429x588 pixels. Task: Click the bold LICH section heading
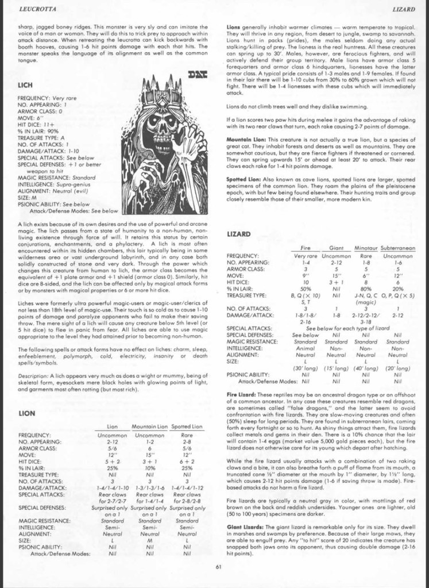tap(25, 86)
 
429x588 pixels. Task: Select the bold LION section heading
tap(26, 413)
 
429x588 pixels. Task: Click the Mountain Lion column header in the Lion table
tap(149, 426)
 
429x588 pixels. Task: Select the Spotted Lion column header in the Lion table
tap(187, 426)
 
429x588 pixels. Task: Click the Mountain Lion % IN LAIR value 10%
tap(149, 468)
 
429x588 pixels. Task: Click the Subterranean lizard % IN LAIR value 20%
tap(397, 289)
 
